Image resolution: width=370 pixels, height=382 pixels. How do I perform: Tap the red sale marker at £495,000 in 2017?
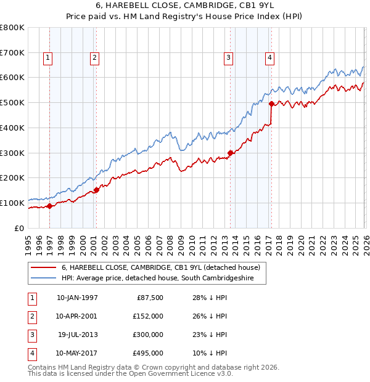click(x=271, y=104)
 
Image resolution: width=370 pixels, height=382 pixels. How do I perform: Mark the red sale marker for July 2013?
click(x=230, y=153)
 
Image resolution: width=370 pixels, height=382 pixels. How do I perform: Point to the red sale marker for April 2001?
click(x=96, y=190)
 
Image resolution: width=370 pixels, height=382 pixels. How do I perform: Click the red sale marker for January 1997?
click(x=49, y=206)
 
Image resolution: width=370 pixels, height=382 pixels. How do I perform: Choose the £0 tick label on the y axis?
click(x=20, y=228)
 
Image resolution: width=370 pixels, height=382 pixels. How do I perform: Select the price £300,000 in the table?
click(x=148, y=335)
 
